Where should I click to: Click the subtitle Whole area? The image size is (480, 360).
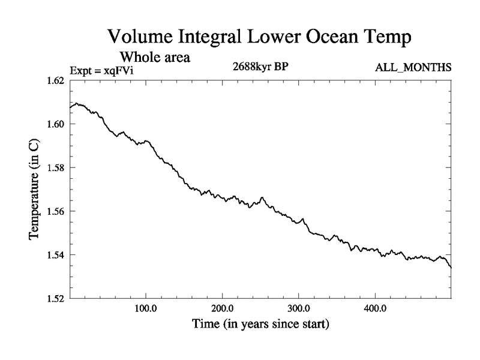pyautogui.click(x=155, y=58)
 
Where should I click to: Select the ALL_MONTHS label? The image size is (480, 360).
pyautogui.click(x=413, y=68)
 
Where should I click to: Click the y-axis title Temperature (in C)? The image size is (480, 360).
pyautogui.click(x=34, y=190)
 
